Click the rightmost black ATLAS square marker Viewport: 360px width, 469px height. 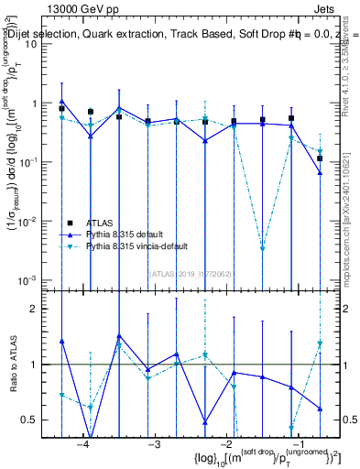[x=320, y=158]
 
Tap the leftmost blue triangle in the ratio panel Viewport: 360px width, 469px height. [x=61, y=341]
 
